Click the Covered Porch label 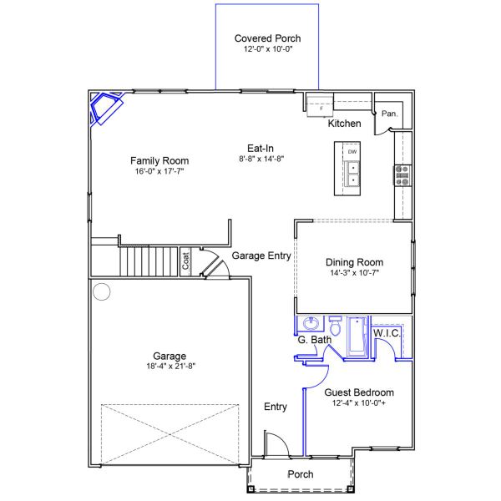point(267,38)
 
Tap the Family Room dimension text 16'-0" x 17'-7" point(159,171)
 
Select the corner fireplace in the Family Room point(105,107)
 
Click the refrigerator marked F point(320,106)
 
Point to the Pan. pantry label point(388,113)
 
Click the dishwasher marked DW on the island point(352,152)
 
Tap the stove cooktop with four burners point(402,175)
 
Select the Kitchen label point(344,124)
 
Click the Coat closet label point(186,262)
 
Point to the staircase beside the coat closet point(150,261)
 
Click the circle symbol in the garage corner point(102,292)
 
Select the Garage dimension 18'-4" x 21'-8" point(170,366)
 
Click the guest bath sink point(311,323)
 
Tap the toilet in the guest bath point(335,323)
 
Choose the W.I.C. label point(387,333)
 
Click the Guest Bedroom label point(359,392)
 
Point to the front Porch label point(300,474)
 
